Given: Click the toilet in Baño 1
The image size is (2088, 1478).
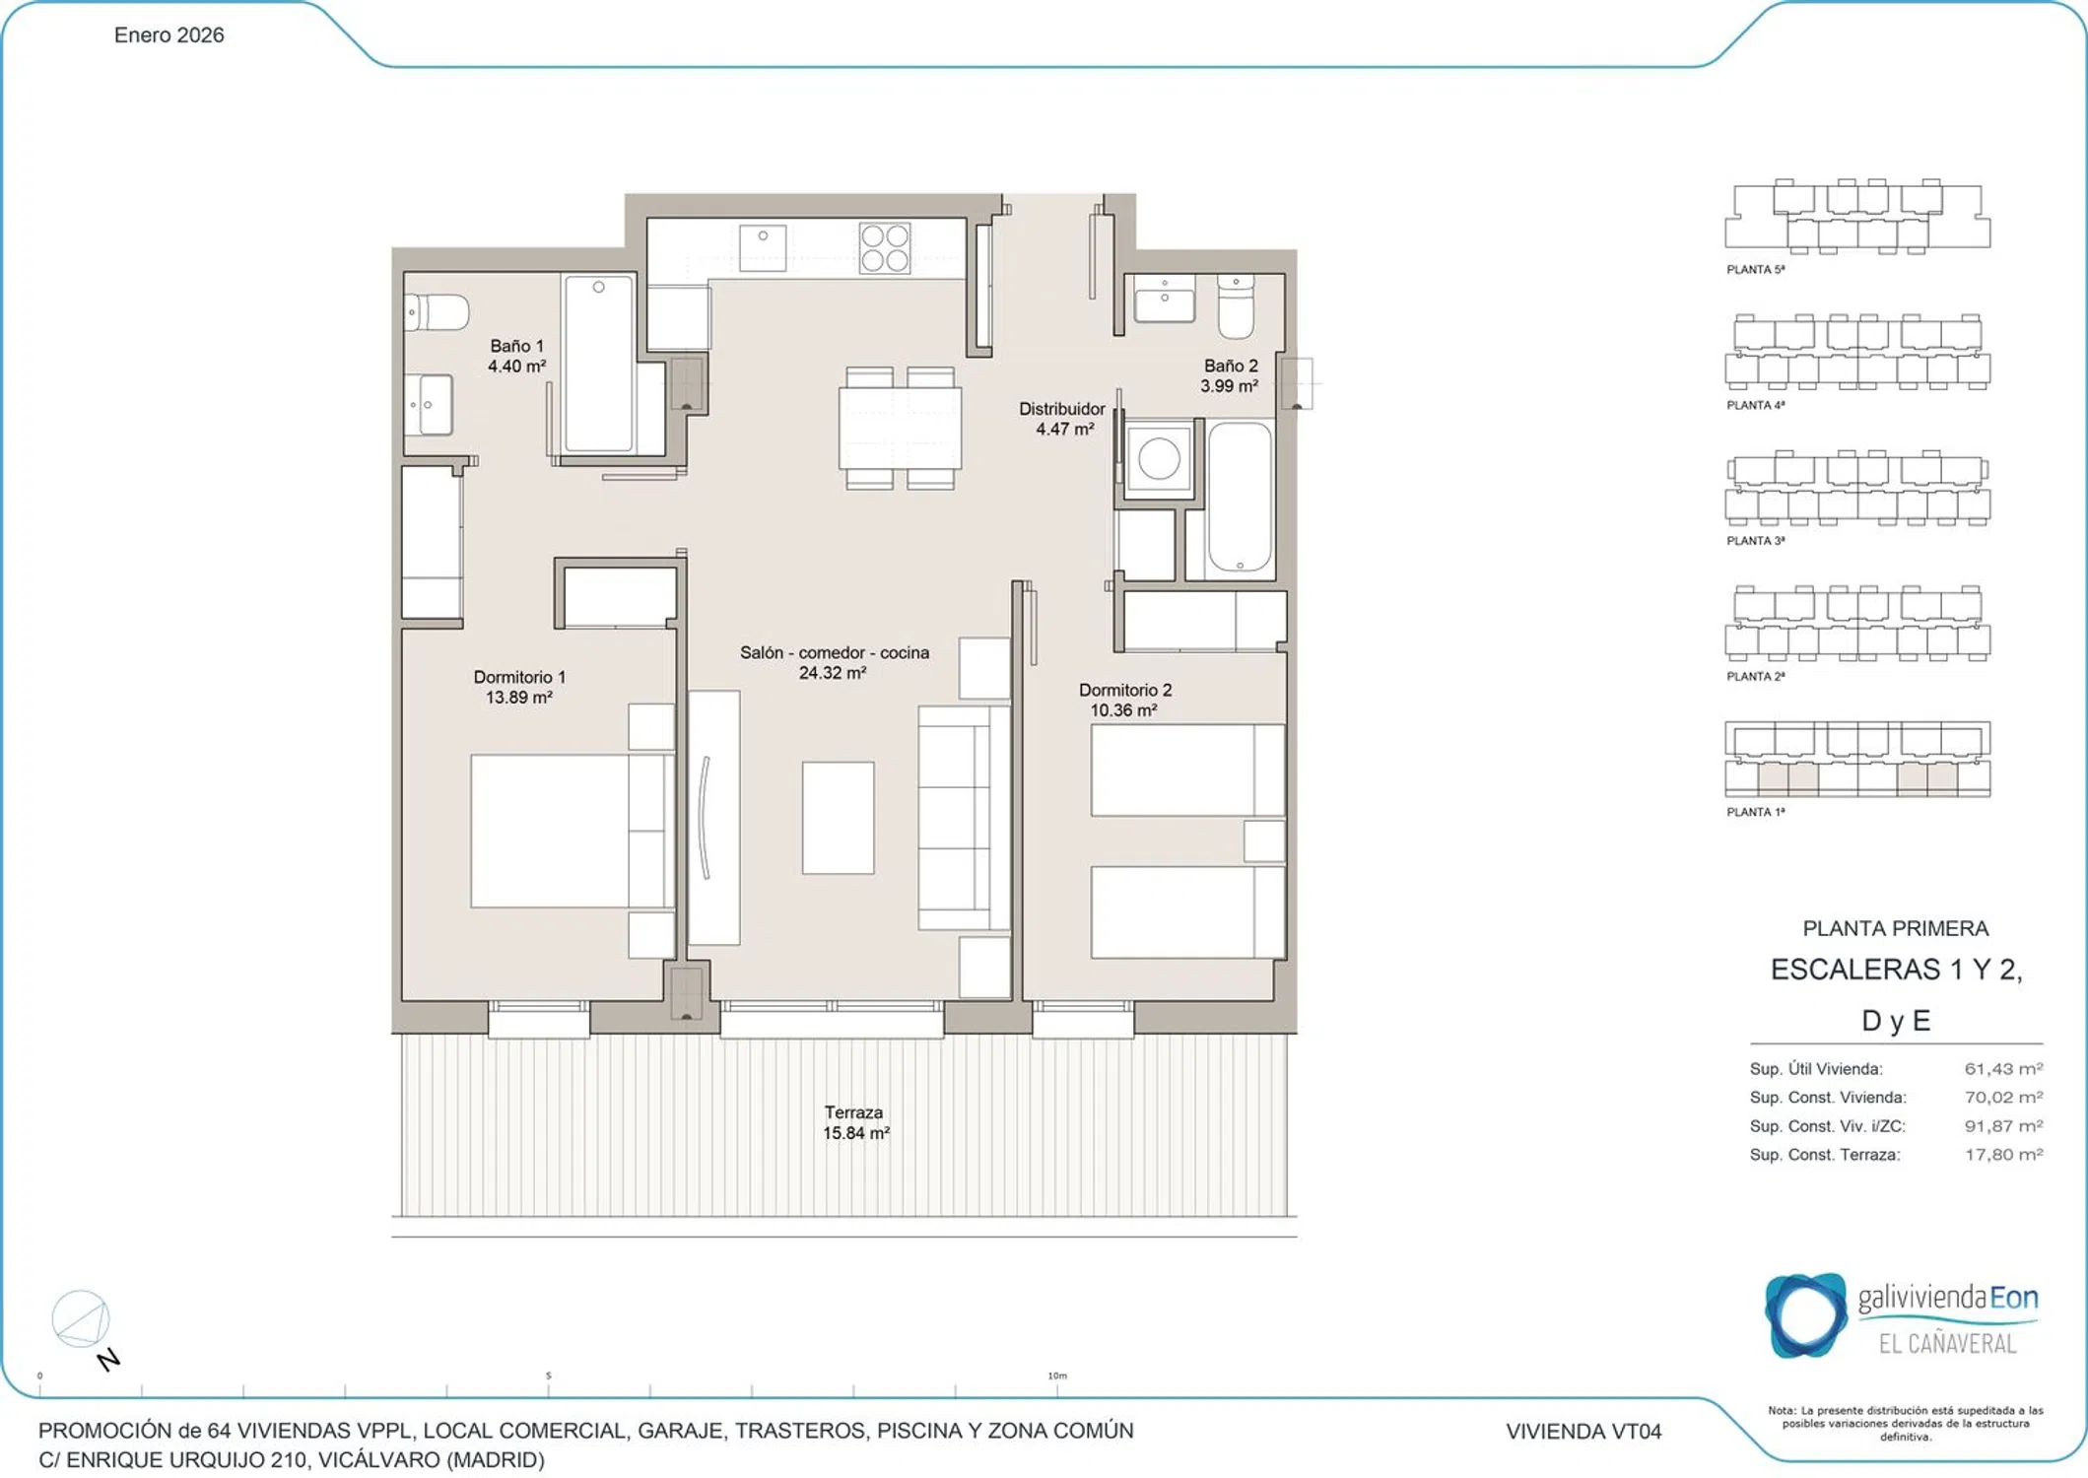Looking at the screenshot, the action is [x=436, y=312].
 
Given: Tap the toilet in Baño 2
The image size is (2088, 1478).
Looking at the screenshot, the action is [x=1236, y=306].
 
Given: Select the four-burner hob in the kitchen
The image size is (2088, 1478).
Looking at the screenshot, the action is [x=884, y=247].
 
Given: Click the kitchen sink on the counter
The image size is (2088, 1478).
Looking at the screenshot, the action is [x=763, y=247].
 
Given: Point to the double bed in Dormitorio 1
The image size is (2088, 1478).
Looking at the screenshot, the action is [x=572, y=831].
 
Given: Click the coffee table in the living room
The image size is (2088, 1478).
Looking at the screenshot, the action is [x=838, y=817].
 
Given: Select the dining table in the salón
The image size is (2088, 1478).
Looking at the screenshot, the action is [x=900, y=428].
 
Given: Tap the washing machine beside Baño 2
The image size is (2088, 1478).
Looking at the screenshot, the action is [x=1159, y=459].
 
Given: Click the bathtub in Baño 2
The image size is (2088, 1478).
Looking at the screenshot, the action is [x=1240, y=498].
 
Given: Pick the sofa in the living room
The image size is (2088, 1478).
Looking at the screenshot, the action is [x=964, y=817].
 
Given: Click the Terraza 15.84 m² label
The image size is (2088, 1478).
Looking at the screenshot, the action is [x=855, y=1122].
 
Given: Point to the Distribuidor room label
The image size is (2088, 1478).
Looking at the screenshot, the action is [x=1061, y=408].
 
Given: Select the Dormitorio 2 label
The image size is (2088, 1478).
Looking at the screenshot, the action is [x=1124, y=690].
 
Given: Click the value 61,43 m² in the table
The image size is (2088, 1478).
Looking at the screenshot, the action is [x=2003, y=1068].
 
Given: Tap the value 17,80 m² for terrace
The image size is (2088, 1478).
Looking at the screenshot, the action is [x=2003, y=1154].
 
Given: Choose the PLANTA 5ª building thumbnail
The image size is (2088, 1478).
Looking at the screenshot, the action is [x=1857, y=218].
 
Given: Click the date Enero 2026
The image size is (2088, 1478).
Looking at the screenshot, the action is [x=169, y=35].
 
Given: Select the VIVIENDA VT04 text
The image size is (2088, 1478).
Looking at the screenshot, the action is [x=1583, y=1431].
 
